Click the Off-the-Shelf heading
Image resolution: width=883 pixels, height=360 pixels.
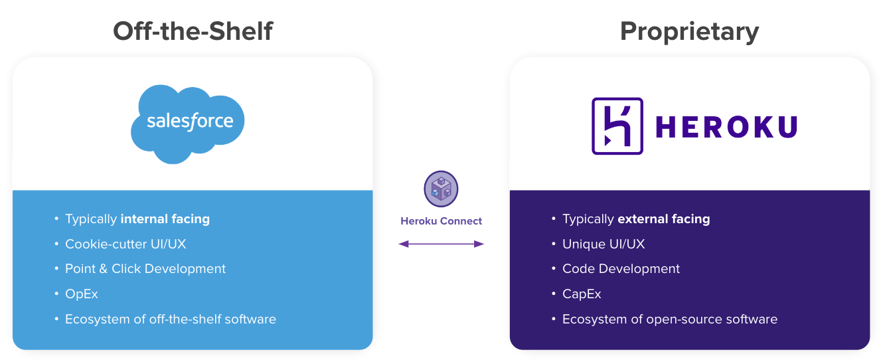pos(193,31)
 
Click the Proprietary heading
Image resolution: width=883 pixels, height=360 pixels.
pos(689,31)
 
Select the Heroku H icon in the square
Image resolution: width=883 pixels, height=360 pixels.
pos(617,126)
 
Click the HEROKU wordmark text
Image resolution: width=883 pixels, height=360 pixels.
pos(726,126)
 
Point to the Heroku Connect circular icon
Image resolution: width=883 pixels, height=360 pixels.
pos(441,188)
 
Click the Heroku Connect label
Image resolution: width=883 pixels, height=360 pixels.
pos(441,221)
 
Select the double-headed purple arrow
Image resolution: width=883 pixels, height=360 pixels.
pos(441,244)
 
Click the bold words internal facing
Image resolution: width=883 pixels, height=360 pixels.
pos(165,219)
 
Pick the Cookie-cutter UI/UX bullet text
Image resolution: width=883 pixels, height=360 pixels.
pos(125,244)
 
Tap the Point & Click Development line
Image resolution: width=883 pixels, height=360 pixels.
pos(145,269)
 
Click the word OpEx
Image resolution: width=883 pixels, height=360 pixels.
pos(82,294)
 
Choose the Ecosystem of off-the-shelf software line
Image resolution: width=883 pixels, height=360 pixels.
pos(171,319)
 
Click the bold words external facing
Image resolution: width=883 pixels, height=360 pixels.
pos(663,219)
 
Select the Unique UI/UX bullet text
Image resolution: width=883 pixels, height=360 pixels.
pos(603,244)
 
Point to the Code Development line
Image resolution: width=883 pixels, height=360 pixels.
pos(621,269)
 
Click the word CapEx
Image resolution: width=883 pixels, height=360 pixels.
pos(582,294)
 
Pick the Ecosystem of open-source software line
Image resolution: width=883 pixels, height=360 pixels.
pos(669,319)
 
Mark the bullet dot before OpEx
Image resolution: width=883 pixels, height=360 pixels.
pos(57,294)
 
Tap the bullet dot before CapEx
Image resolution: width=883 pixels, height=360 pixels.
pos(554,294)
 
